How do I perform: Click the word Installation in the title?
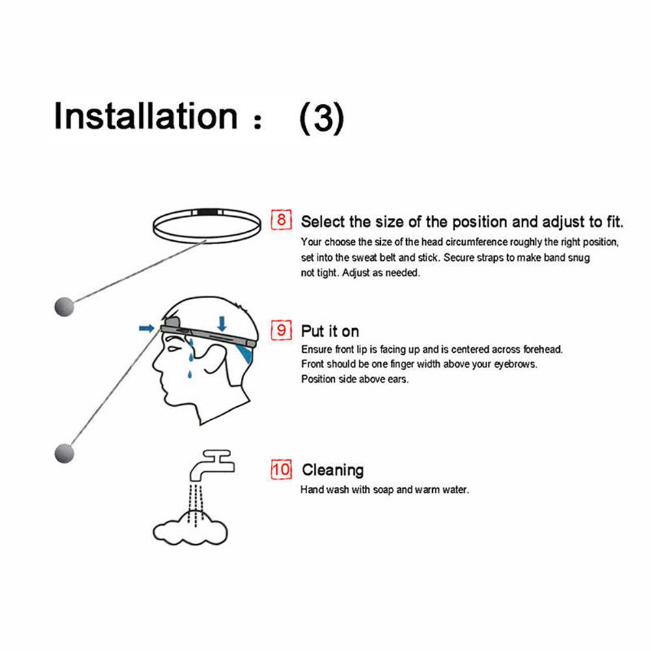pos(146,116)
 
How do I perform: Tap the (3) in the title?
pos(322,117)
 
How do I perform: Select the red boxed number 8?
pos(281,219)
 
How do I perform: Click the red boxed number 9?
pos(281,330)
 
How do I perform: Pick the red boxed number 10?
pos(281,469)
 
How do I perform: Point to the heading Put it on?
pos(330,331)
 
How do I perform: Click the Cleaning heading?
pos(333,470)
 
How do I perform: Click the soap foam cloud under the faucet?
pos(190,529)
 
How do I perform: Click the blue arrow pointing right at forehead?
pos(146,328)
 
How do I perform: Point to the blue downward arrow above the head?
pos(222,324)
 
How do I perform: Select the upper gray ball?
pos(64,307)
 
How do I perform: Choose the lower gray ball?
pos(64,453)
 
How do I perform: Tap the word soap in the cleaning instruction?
pos(383,490)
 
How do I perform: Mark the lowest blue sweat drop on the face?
pos(189,374)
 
